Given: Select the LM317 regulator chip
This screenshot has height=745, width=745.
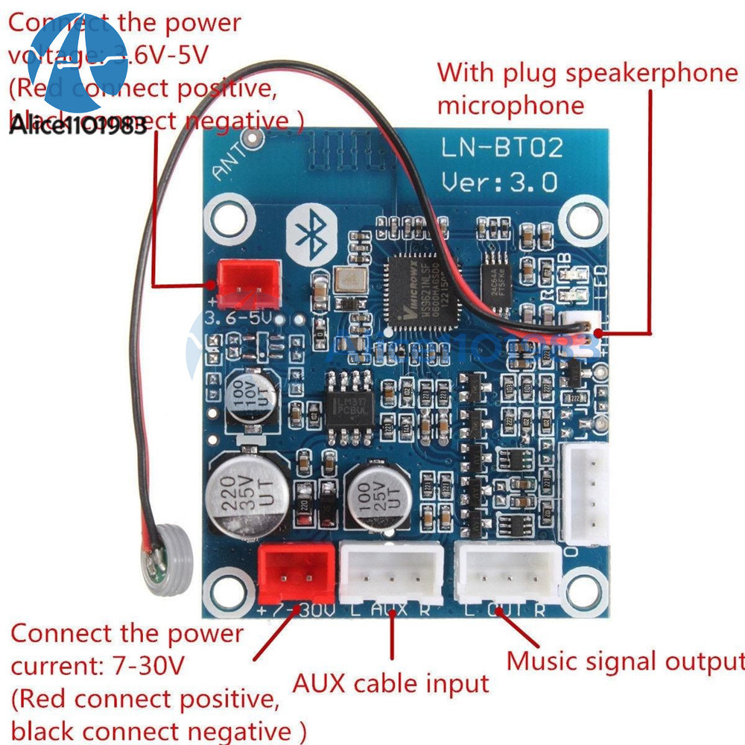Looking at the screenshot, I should (344, 405).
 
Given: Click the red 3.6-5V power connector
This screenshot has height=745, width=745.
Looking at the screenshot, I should (248, 284).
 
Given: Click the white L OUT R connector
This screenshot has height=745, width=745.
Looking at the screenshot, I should (508, 572).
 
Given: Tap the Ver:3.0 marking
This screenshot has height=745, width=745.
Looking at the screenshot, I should (499, 182).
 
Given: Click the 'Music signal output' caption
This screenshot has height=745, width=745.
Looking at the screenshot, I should (625, 662).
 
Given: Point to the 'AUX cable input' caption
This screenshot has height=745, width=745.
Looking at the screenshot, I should (390, 683).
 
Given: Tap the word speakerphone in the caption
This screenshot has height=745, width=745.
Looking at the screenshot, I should (650, 73).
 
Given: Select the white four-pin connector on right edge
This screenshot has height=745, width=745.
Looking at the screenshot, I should (586, 494).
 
